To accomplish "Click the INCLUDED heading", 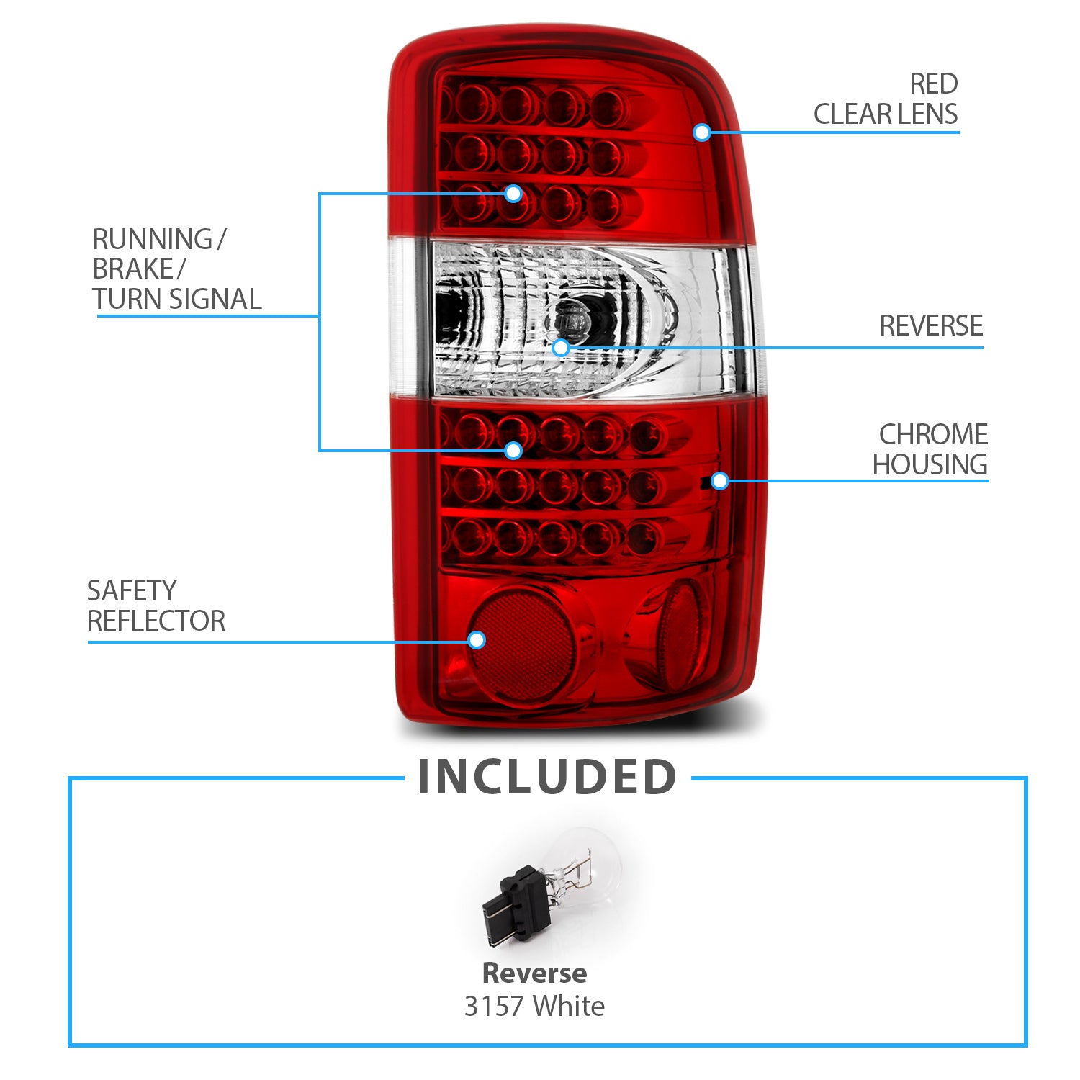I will click(x=546, y=778).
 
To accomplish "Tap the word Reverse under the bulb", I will click(x=534, y=973).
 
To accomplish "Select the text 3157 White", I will click(x=534, y=1006).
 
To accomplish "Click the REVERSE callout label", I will click(x=931, y=326).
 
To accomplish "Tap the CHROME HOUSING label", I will click(x=930, y=449).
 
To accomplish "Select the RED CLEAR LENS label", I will click(x=886, y=99).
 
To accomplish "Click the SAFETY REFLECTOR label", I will click(x=156, y=606).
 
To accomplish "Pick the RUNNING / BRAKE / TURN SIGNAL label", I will click(x=176, y=269).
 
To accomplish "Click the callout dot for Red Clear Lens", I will click(x=702, y=132).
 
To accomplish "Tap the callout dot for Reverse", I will click(x=561, y=348).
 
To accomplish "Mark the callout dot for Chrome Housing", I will click(x=719, y=481).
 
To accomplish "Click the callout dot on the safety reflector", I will click(x=477, y=640).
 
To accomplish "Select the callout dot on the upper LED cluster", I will click(x=513, y=193).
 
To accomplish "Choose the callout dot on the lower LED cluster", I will click(x=513, y=451).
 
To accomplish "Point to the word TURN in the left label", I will click(x=123, y=300).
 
